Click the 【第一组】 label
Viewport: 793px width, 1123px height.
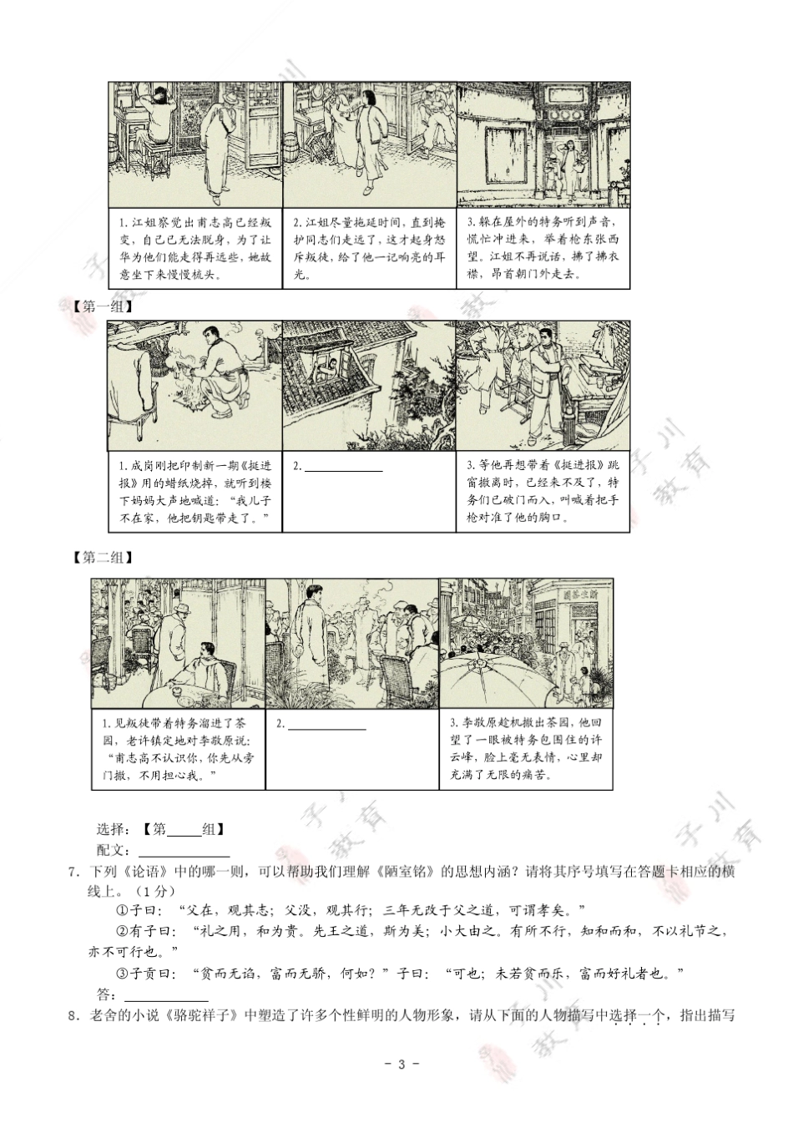click(x=104, y=306)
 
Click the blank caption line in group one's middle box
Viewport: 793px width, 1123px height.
click(x=343, y=467)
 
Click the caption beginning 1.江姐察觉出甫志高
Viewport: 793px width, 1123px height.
click(x=195, y=248)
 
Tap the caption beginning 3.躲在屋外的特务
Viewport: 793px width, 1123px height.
click(x=543, y=248)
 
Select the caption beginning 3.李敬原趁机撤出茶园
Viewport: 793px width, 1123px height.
click(x=525, y=748)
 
